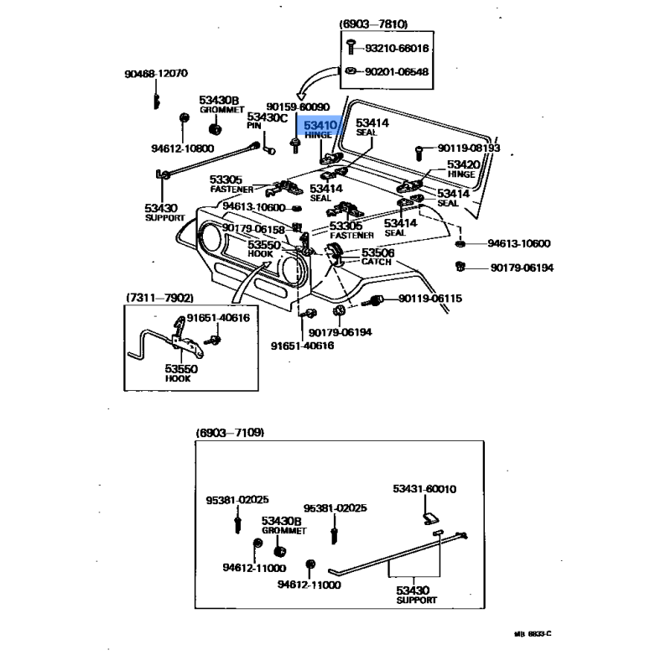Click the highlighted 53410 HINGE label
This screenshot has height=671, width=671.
tap(320, 129)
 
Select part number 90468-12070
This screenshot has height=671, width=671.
tap(156, 74)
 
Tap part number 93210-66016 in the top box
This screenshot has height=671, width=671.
tap(396, 49)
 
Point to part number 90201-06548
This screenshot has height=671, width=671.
tap(396, 71)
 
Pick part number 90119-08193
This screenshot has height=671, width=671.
tap(468, 148)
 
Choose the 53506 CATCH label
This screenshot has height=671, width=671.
tap(377, 257)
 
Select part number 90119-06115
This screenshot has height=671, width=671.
tap(429, 299)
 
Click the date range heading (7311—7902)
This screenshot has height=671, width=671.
tap(159, 298)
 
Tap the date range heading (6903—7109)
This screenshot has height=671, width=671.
tap(230, 433)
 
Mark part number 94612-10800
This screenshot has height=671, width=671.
tap(182, 148)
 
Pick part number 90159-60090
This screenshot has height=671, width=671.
tap(297, 107)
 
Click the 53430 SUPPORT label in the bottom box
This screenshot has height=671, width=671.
tap(417, 596)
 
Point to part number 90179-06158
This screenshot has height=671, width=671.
tap(254, 229)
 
